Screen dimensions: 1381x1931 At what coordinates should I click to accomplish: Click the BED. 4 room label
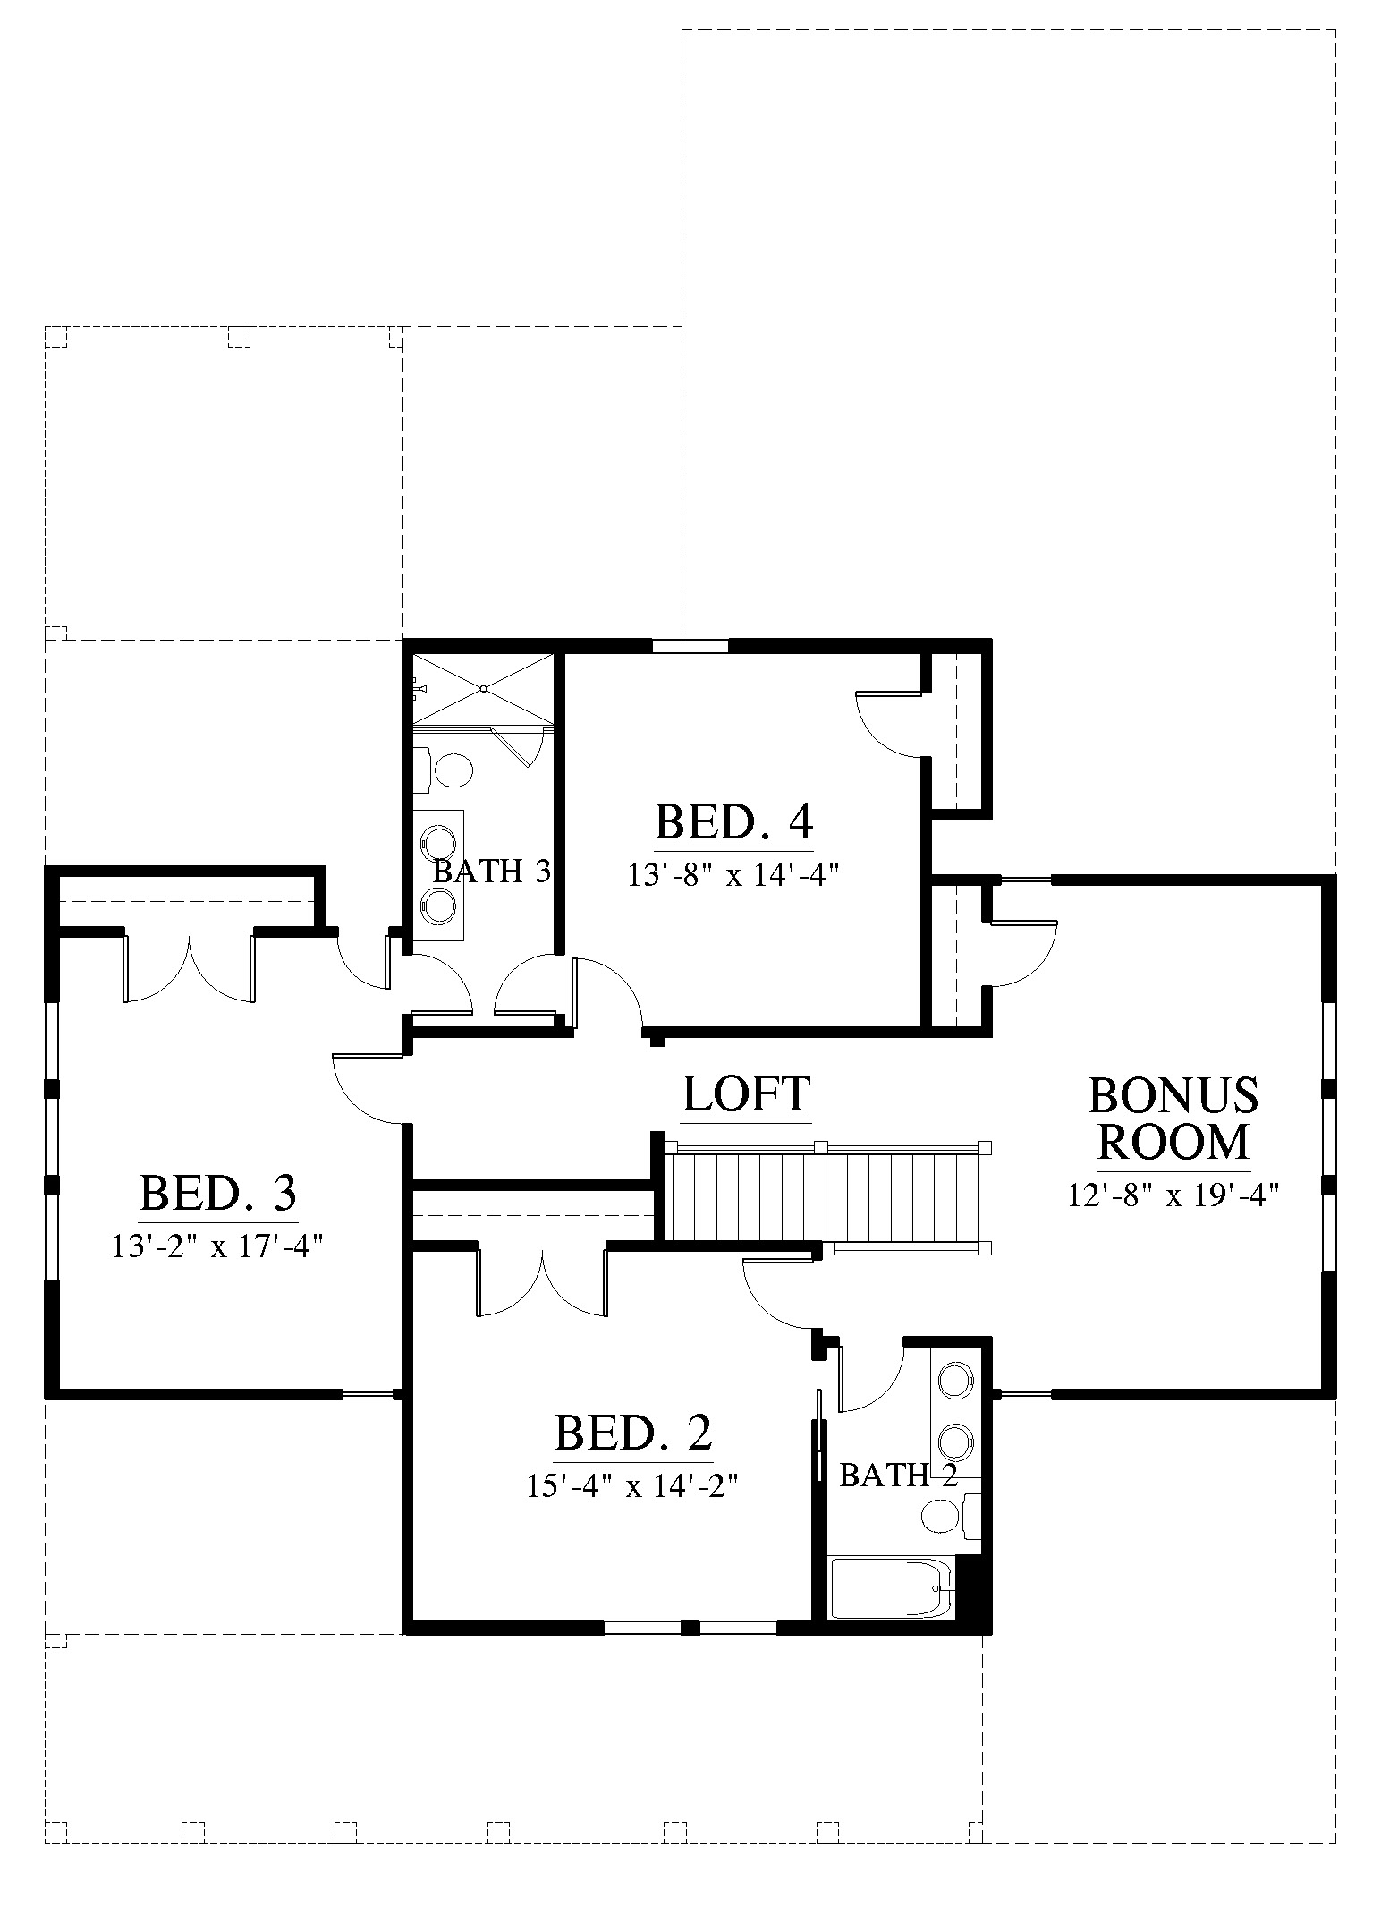[x=733, y=821]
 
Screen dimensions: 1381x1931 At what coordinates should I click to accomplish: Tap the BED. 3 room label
[x=218, y=1193]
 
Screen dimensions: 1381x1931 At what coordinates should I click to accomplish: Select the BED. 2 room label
[x=633, y=1433]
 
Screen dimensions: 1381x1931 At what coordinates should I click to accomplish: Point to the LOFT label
[x=747, y=1093]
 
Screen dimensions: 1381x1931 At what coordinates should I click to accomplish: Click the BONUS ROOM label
[x=1173, y=1118]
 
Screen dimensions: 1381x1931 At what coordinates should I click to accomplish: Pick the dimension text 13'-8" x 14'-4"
[x=734, y=874]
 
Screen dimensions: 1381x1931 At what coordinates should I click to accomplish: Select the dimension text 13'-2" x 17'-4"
[x=216, y=1246]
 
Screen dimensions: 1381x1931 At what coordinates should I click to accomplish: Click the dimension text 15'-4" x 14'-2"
[x=634, y=1486]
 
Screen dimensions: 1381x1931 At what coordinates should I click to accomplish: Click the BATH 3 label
[x=491, y=872]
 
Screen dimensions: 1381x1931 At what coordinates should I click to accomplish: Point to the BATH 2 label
[x=898, y=1475]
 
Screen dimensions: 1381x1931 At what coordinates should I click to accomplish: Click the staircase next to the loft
[x=828, y=1196]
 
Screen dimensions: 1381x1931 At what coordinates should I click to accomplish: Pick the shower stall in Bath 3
[x=483, y=689]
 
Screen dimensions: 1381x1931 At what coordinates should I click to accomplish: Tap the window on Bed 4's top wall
[x=690, y=645]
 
